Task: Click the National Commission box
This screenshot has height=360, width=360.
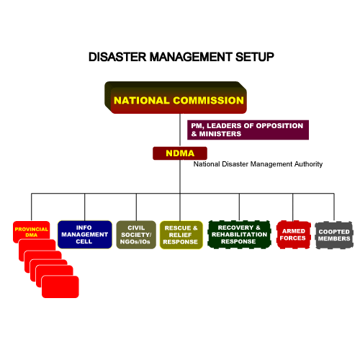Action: [x=176, y=98]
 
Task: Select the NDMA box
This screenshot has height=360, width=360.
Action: [x=180, y=153]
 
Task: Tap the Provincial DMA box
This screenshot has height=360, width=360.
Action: [x=32, y=232]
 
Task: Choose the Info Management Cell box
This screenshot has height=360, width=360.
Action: [x=85, y=235]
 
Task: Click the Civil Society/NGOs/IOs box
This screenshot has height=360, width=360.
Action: [x=136, y=235]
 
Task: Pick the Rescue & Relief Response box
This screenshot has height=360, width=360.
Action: [x=181, y=235]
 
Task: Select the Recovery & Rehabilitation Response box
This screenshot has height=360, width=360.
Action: [x=239, y=235]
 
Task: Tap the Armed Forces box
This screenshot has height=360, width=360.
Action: [x=294, y=235]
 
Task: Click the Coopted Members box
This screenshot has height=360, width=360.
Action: [x=334, y=235]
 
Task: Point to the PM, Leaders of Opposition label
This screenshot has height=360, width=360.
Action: [x=248, y=130]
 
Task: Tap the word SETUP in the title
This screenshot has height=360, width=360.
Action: [x=255, y=57]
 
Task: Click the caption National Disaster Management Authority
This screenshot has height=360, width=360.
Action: [x=258, y=164]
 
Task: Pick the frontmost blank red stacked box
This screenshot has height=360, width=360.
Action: [x=60, y=287]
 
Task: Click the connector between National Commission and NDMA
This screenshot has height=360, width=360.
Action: [x=180, y=130]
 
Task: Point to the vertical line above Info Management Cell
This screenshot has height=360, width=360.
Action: [x=85, y=207]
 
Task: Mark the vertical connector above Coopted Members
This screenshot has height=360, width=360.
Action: [x=334, y=207]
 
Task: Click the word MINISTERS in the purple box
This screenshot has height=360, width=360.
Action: [x=220, y=134]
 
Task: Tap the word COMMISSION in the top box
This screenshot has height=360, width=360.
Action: [x=208, y=100]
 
